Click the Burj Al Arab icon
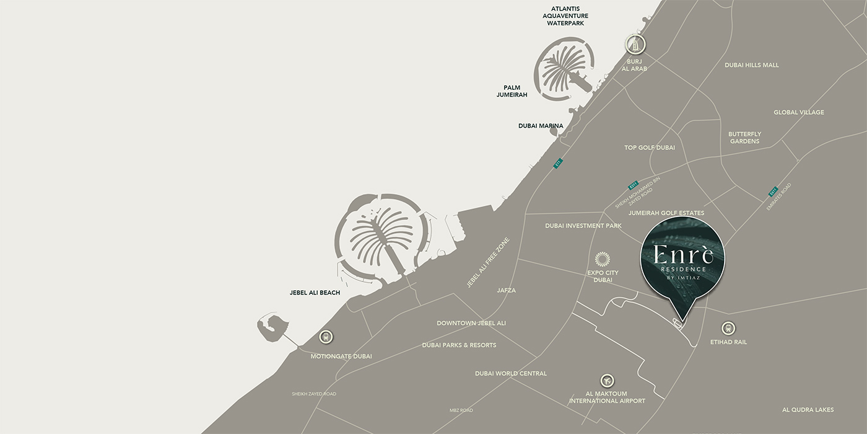tap(635, 44)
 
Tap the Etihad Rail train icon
tap(728, 327)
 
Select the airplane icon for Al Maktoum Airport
tap(608, 381)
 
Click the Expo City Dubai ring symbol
tap(603, 259)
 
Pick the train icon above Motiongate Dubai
tap(326, 337)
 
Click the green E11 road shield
tap(558, 163)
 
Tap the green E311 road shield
tap(633, 185)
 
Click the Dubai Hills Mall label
tap(752, 65)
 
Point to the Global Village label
tap(798, 112)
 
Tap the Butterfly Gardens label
tap(744, 138)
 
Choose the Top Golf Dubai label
tap(650, 148)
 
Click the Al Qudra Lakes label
tap(808, 409)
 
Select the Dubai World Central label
tap(511, 373)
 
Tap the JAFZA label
tap(506, 290)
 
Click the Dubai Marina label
tap(541, 126)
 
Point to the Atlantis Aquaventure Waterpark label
tap(565, 15)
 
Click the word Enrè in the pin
tap(681, 255)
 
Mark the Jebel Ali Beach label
tap(315, 293)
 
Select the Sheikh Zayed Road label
tap(314, 394)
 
